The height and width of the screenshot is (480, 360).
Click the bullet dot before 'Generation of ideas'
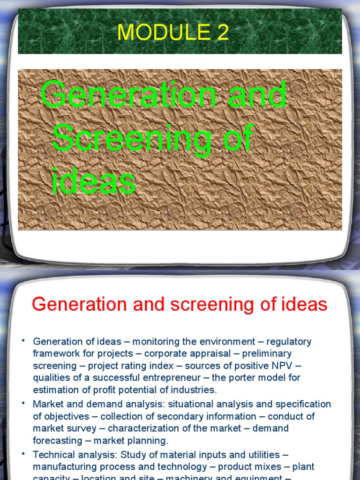(22, 340)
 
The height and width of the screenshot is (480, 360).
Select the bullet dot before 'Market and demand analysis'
(22, 402)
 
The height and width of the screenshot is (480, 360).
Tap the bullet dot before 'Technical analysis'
(22, 453)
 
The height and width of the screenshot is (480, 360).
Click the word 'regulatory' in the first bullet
(289, 342)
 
